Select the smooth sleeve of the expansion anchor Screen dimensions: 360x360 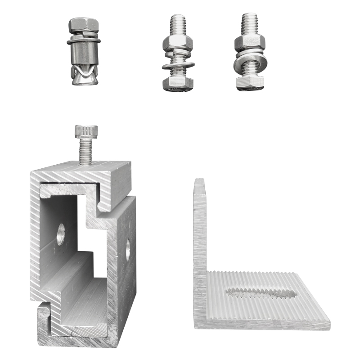point(82,54)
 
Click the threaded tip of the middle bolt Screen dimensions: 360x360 point(178,22)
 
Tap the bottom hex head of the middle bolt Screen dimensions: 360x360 point(178,83)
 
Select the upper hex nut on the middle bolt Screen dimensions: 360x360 point(178,43)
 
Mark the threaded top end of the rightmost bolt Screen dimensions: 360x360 point(249,22)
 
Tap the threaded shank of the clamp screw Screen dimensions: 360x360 point(85,151)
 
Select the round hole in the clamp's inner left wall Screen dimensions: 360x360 point(60,234)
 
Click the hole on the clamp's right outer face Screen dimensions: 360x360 point(128,250)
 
